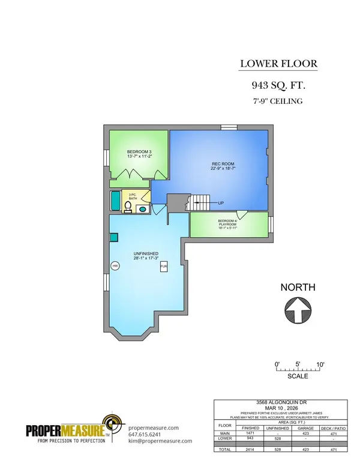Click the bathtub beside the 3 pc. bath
(x=114, y=201)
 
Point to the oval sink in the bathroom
(x=142, y=210)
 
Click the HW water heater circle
(x=114, y=265)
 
